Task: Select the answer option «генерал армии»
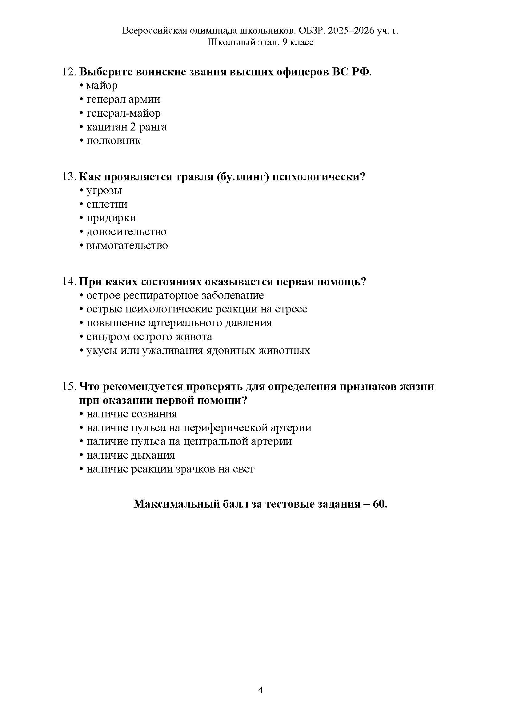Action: (123, 99)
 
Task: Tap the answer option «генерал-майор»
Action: (123, 113)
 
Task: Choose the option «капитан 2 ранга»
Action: (126, 127)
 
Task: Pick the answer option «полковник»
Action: (114, 141)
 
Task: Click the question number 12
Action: (69, 72)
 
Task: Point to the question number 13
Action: (69, 177)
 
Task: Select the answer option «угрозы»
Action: (104, 191)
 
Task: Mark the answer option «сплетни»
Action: (107, 204)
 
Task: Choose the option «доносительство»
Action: (126, 232)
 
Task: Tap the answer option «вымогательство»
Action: (127, 246)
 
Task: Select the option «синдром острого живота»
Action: (149, 337)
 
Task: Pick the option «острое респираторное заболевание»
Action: (175, 296)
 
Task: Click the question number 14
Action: (69, 282)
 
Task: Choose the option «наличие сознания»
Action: (132, 414)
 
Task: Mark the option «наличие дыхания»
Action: (130, 455)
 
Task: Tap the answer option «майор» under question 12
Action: (102, 86)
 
